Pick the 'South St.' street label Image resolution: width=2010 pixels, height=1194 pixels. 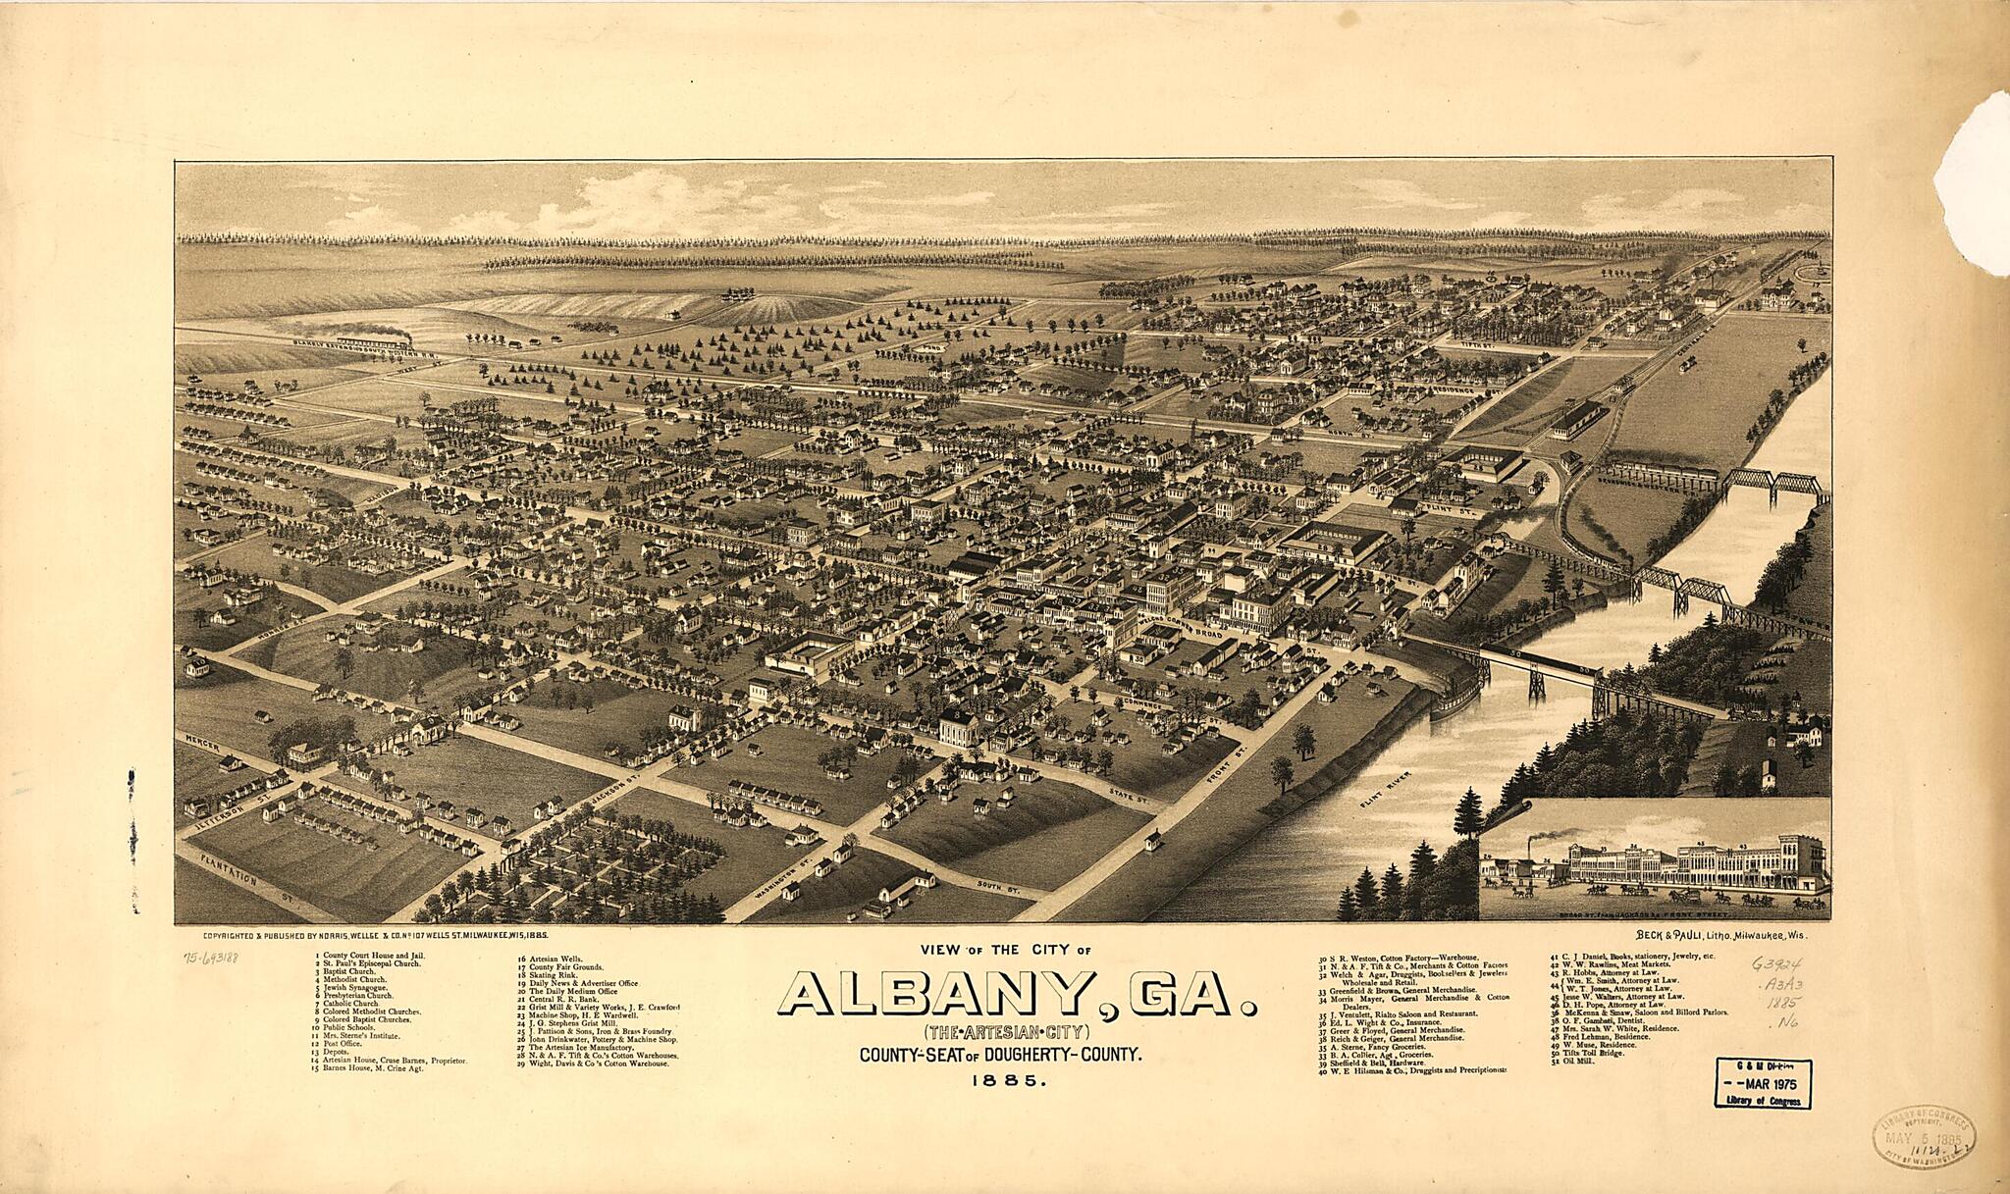(999, 887)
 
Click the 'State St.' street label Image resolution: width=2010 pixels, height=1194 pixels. (1128, 795)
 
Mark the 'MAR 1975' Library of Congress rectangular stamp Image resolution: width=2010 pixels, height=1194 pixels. (1764, 1083)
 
